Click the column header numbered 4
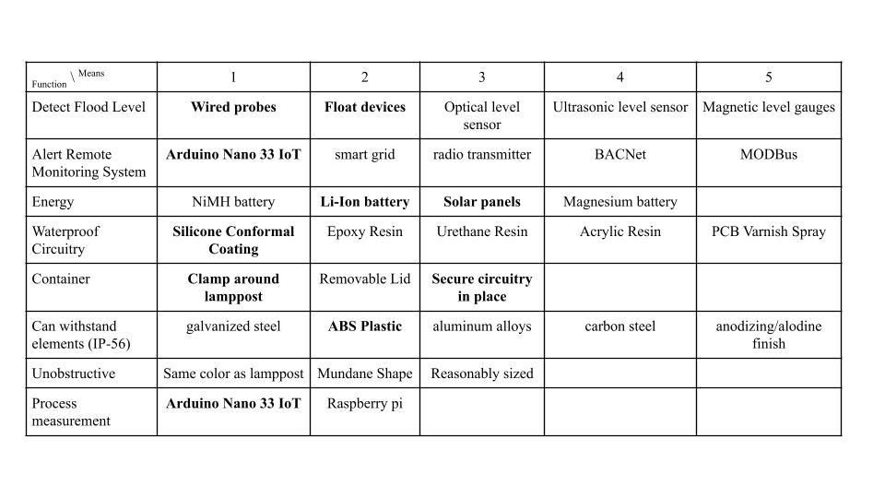(x=619, y=77)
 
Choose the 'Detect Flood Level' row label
(x=88, y=107)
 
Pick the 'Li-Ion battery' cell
(x=365, y=202)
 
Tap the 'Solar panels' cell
(x=481, y=202)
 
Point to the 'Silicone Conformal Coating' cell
(x=233, y=240)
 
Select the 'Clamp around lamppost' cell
(x=233, y=288)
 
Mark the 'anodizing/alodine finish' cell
(x=768, y=335)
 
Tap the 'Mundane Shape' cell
(x=365, y=373)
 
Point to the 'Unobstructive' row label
(x=74, y=373)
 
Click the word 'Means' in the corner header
(x=91, y=73)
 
